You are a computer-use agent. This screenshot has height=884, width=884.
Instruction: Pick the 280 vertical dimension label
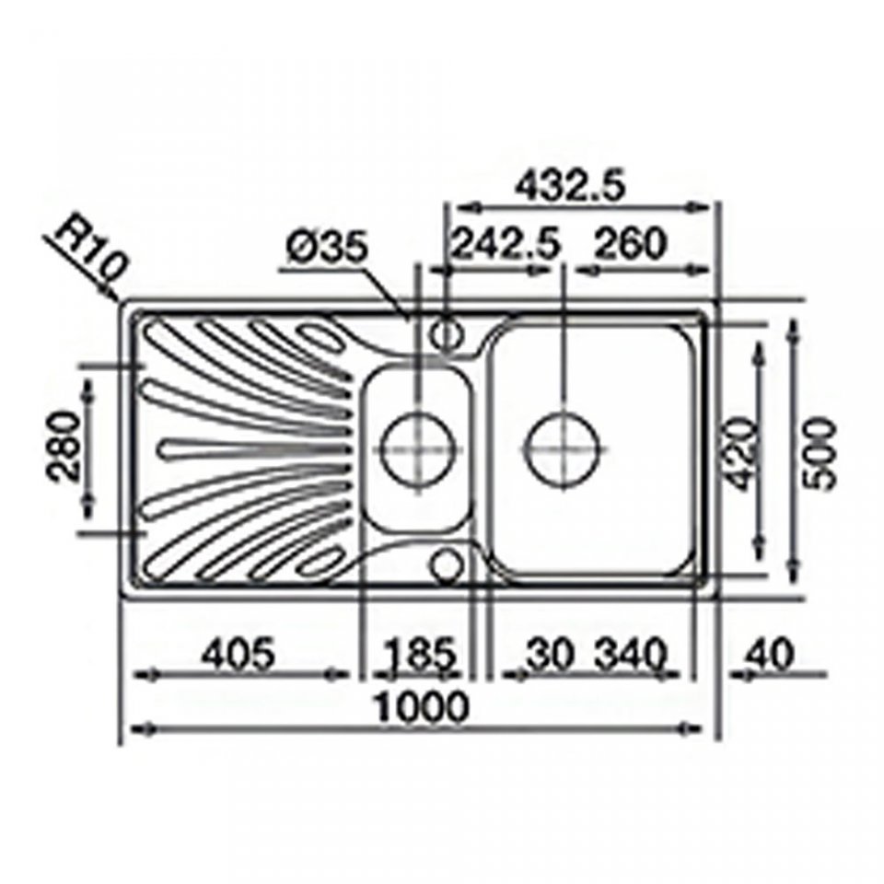(x=64, y=446)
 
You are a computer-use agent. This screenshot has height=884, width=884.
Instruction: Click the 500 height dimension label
(x=820, y=454)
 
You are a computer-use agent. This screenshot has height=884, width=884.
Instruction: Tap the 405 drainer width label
(x=239, y=654)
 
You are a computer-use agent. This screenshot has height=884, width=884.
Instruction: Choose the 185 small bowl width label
(x=421, y=654)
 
